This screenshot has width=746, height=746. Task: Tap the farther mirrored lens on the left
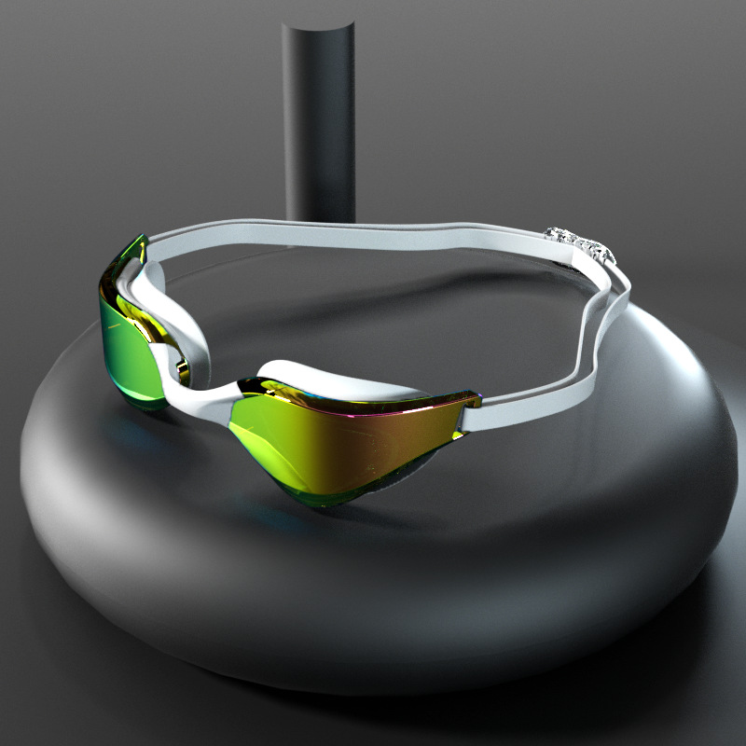pyautogui.click(x=126, y=345)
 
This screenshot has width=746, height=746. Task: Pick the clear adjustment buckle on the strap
pyautogui.click(x=578, y=244)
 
